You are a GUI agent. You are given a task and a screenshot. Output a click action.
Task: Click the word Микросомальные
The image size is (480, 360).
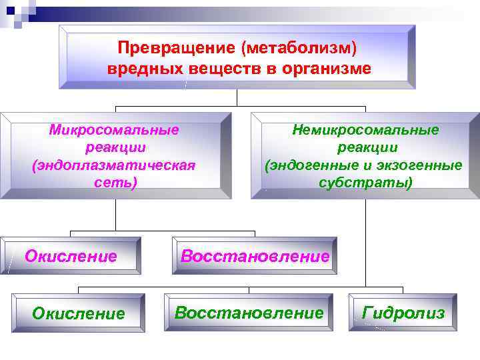[x=114, y=130]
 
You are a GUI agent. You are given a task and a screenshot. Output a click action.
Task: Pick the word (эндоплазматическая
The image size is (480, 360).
[x=114, y=165]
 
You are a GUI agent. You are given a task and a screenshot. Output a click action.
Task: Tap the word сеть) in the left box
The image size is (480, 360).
[x=114, y=181]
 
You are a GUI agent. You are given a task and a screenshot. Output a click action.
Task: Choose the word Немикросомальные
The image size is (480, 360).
[x=365, y=130]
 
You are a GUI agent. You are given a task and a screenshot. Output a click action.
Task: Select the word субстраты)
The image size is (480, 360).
[x=365, y=181]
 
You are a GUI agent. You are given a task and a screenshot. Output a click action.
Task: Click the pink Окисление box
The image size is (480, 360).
[x=71, y=255]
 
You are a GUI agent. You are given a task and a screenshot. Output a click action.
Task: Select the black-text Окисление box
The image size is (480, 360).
[x=79, y=313]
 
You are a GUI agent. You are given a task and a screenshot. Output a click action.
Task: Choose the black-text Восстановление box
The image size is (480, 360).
[x=249, y=312]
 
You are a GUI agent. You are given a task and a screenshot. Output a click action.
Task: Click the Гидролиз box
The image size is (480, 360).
[x=403, y=312]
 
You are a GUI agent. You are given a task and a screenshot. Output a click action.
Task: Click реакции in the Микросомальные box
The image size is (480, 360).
[x=114, y=147]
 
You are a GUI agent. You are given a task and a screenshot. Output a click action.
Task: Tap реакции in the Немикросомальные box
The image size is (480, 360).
[x=365, y=147]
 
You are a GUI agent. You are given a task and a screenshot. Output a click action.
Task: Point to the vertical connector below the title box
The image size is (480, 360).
[x=238, y=98]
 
